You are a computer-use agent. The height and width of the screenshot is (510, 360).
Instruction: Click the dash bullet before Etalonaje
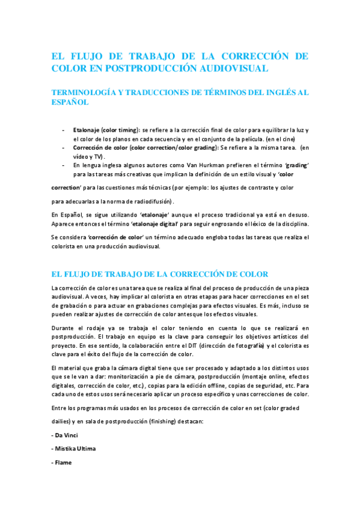[x=64, y=129]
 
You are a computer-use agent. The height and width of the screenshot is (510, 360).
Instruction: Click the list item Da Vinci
[x=66, y=434]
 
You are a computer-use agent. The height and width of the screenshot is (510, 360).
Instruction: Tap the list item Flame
[x=62, y=463]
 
